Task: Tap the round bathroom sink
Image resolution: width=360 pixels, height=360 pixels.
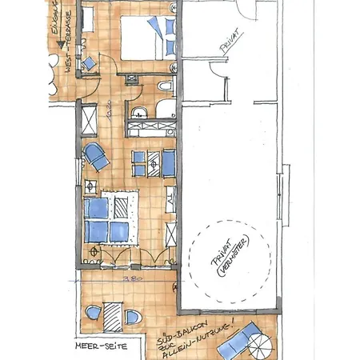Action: (139, 110)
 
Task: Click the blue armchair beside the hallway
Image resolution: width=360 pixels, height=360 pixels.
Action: (98, 156)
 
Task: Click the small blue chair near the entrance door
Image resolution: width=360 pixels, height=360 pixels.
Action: (90, 62)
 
